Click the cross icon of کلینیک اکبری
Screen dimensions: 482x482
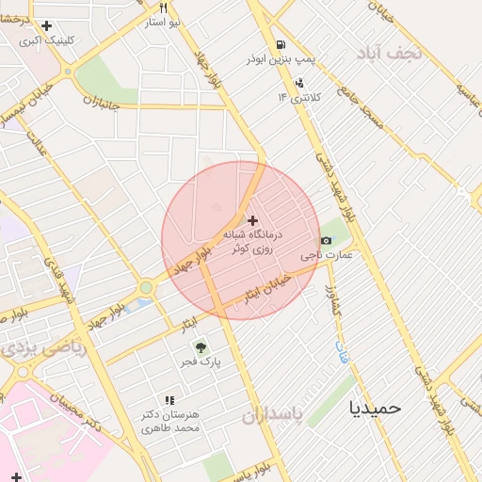[46, 25]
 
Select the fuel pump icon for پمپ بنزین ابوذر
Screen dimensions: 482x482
[281, 45]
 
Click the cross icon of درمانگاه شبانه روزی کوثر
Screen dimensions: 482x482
[251, 219]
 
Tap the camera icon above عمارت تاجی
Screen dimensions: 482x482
[326, 239]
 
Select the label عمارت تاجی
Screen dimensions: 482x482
[327, 255]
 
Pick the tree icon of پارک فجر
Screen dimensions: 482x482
[200, 347]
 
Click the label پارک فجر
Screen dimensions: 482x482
[201, 362]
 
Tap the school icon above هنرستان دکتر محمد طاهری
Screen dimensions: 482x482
[169, 400]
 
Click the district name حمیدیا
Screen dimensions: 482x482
[376, 408]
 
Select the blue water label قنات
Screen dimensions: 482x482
[341, 353]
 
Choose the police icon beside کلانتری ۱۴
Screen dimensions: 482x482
[300, 81]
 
